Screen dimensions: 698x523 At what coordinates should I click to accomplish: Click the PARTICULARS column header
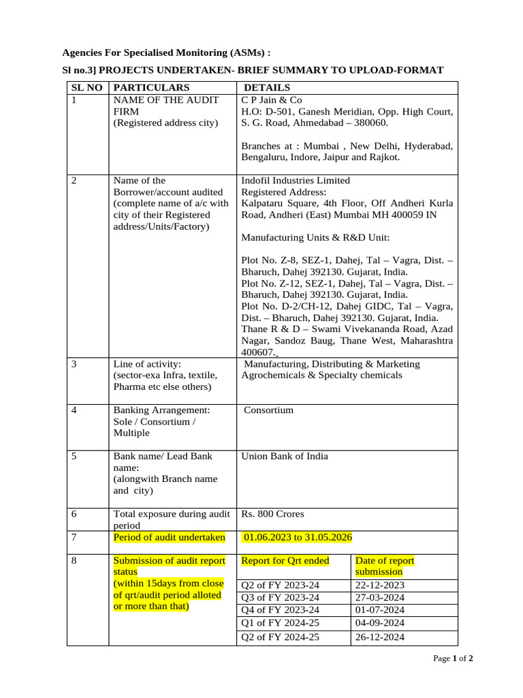[x=151, y=87]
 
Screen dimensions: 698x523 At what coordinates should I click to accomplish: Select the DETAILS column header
[x=267, y=87]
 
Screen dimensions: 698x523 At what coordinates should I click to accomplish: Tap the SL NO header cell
[x=86, y=87]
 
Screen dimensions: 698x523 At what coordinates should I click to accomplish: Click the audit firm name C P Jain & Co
[x=272, y=100]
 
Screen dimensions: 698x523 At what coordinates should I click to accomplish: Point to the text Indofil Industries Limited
[x=296, y=181]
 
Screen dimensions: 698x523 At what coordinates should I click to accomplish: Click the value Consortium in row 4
[x=268, y=410]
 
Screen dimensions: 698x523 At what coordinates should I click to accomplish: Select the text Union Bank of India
[x=285, y=456]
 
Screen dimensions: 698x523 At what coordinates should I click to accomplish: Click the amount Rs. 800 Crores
[x=273, y=514]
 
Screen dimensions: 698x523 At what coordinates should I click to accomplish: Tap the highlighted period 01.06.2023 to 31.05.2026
[x=298, y=537]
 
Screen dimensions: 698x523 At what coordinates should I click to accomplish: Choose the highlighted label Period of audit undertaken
[x=169, y=537]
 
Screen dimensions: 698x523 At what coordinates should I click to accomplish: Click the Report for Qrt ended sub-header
[x=285, y=560]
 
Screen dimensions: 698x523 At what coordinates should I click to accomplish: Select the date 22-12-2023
[x=380, y=585]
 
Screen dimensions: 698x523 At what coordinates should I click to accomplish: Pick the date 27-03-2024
[x=380, y=597]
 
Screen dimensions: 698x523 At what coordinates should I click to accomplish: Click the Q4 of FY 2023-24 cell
[x=281, y=610]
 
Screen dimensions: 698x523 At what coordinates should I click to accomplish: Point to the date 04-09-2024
[x=380, y=622]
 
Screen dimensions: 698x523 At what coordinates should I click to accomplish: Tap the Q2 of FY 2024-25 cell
[x=281, y=637]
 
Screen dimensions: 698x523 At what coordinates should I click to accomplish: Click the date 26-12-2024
[x=380, y=637]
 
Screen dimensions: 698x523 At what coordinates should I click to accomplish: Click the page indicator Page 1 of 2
[x=454, y=658]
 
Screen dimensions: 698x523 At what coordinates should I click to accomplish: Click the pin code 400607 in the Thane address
[x=257, y=352]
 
